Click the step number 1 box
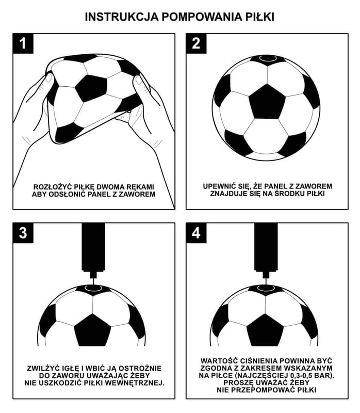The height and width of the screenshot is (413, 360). [x=23, y=44]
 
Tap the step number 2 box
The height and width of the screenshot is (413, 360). [x=196, y=44]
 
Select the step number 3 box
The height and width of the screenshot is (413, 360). [x=23, y=233]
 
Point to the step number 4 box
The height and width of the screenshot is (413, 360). [x=196, y=233]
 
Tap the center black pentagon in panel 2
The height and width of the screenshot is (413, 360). [x=267, y=101]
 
